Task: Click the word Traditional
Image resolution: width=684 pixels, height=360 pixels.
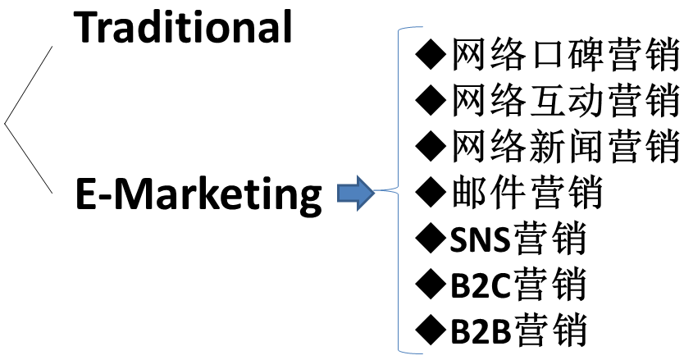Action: [x=184, y=27]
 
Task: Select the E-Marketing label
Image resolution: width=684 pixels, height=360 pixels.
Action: [x=198, y=194]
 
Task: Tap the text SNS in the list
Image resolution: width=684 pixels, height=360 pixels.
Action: [x=481, y=240]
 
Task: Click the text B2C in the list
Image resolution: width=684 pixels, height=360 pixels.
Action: [x=481, y=285]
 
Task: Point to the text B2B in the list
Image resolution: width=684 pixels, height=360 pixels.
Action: [x=481, y=331]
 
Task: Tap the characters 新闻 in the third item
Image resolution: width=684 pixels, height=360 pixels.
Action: [x=565, y=147]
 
